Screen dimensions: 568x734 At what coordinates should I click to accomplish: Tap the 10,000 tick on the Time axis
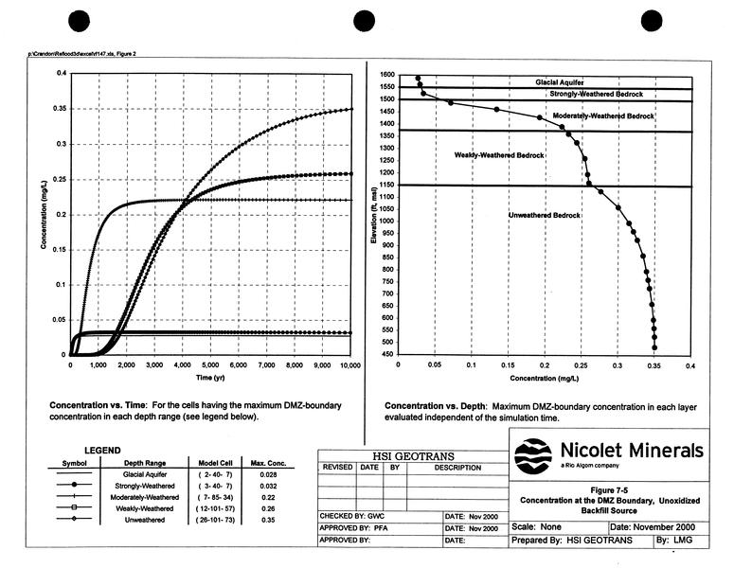pos(350,364)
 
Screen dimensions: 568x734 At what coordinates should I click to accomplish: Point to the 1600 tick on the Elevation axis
pos(387,74)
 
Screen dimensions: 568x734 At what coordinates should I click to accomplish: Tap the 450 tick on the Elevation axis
pos(389,355)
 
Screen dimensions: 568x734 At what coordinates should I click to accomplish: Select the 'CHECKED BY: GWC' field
pos(348,516)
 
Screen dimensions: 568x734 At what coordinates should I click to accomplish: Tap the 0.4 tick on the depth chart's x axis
pos(690,364)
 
